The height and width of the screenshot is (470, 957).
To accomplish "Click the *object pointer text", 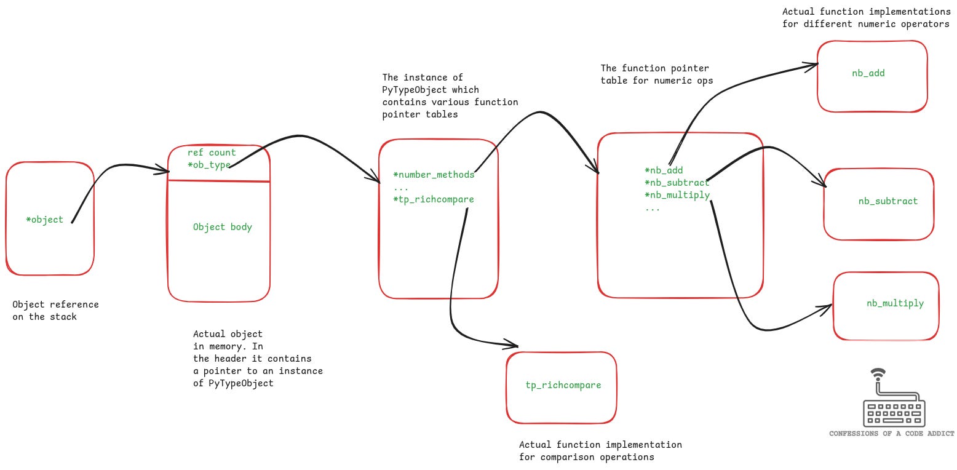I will (44, 220).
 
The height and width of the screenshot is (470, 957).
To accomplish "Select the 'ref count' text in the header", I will (212, 153).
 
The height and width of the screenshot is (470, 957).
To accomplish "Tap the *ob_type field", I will (208, 165).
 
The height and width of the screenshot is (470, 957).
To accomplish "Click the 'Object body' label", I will (222, 227).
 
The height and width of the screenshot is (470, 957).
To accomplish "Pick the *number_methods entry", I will (434, 175).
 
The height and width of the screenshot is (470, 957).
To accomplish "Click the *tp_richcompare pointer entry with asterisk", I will (434, 199).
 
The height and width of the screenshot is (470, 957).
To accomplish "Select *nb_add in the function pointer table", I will (664, 170).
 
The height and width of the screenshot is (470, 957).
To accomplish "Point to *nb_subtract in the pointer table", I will (677, 183).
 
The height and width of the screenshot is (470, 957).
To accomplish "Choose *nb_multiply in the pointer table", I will (677, 195).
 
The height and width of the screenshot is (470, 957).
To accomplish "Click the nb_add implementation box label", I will (868, 73).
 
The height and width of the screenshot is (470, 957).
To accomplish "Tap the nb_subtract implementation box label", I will (888, 201).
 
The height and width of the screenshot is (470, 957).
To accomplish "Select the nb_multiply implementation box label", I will (895, 303).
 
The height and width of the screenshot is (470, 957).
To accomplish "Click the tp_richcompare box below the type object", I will (563, 385).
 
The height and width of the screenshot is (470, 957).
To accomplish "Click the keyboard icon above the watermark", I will (894, 406).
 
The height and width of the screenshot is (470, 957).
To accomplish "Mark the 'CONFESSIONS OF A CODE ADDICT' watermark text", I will (892, 434).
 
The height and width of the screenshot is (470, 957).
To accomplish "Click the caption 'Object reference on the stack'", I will (55, 311).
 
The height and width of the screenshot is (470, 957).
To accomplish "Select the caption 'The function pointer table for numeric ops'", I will (657, 74).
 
